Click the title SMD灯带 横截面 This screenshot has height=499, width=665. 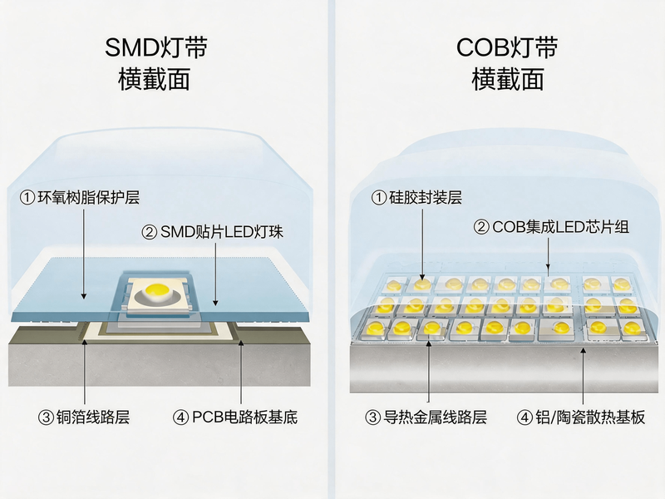(155, 64)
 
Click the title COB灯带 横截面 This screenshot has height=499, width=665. (507, 64)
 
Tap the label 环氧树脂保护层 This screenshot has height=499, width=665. (89, 197)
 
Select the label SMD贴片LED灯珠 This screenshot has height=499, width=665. (222, 232)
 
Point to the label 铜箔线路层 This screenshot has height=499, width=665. (93, 417)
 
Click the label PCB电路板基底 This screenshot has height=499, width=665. (244, 417)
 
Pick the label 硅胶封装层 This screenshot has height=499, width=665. (425, 197)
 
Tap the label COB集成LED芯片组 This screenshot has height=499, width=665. (560, 227)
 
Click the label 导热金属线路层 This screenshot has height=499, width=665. (435, 417)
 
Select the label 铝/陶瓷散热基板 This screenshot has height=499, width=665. (590, 417)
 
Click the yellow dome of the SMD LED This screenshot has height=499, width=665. (157, 290)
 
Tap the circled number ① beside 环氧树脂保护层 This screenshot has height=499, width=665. (27, 198)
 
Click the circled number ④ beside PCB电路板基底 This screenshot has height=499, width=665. (180, 417)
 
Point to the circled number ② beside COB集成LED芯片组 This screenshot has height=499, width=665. (481, 227)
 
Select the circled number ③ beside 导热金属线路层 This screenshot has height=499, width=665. (372, 417)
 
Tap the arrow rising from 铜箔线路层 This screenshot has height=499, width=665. (85, 371)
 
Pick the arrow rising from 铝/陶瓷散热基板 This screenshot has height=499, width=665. (584, 375)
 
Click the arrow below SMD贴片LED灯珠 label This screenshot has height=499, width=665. (215, 274)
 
